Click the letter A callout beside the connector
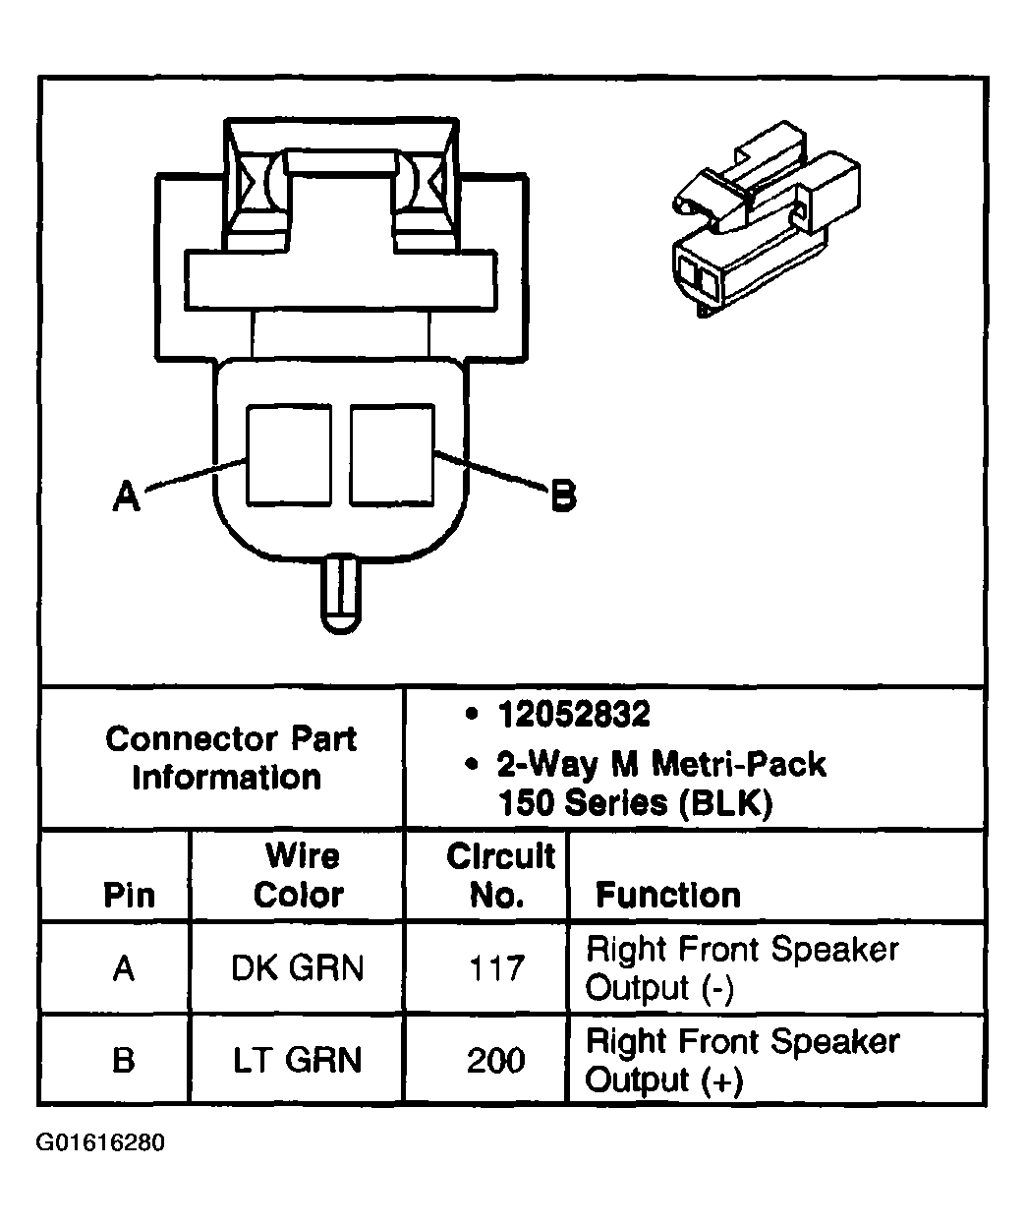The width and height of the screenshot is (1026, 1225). point(126,495)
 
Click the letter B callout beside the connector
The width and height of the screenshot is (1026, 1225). point(562,495)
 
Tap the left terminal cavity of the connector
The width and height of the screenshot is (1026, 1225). point(288,454)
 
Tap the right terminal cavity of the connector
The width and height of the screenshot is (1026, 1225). point(391,454)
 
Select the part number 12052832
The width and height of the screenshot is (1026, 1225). point(573,715)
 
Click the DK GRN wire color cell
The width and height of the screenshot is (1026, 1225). point(297,968)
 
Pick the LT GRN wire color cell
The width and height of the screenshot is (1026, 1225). point(297,1060)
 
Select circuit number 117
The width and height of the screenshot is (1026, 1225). point(497,968)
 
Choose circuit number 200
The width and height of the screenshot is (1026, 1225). point(497,1060)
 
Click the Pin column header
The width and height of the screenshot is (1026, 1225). point(129,895)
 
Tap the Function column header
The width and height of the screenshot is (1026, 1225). point(668,895)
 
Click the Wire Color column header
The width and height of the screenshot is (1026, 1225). point(299,875)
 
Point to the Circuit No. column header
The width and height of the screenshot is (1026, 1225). point(500,875)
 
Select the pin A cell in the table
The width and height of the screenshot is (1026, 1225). point(123,968)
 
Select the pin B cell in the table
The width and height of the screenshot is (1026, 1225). point(123,1060)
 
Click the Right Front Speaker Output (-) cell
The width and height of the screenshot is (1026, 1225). point(742,968)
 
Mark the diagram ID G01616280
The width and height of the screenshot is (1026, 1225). point(101,1143)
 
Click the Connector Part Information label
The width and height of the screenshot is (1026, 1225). point(230,758)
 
